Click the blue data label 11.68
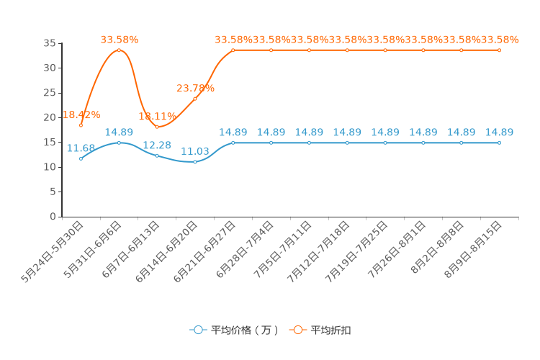coord(81,148)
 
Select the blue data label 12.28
coord(157,145)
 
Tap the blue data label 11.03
coord(195,151)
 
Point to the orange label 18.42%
coord(81,115)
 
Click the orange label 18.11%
coord(157,117)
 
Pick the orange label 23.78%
coord(195,89)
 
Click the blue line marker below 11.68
coord(81,158)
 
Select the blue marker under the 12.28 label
coord(157,156)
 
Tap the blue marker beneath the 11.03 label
coord(195,161)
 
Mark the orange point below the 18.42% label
coord(81,125)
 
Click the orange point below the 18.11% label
coord(157,127)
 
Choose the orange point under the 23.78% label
coord(195,99)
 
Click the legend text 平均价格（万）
coord(245,330)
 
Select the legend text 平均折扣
coord(331,330)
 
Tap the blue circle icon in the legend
coord(198,330)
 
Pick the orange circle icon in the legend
coord(297,330)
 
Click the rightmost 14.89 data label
coord(499,132)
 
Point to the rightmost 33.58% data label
coord(499,40)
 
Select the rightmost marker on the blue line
coord(499,143)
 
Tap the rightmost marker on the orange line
coord(499,50)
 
